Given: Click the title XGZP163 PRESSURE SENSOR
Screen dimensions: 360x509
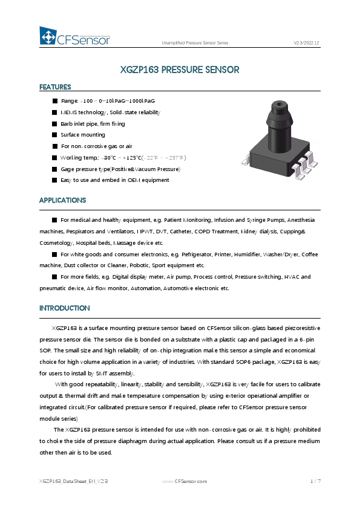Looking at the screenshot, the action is pos(180,70).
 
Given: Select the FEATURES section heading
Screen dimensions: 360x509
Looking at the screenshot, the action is pos(55,87).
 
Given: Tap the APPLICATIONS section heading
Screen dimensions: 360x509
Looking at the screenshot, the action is pos(62,200).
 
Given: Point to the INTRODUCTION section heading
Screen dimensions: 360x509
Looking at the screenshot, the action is pos(64,308).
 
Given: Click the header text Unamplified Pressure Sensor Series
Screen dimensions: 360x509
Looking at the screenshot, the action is pos(195,44).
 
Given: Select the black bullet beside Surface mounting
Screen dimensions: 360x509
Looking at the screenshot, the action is pos(55,135).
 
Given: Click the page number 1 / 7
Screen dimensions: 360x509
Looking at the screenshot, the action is pos(315,481).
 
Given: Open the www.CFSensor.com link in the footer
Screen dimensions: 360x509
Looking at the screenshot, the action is pos(185,481).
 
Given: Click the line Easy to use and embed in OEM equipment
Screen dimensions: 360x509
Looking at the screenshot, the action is pos(114,180).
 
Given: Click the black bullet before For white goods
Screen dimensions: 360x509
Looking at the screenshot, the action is pos(55,254).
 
